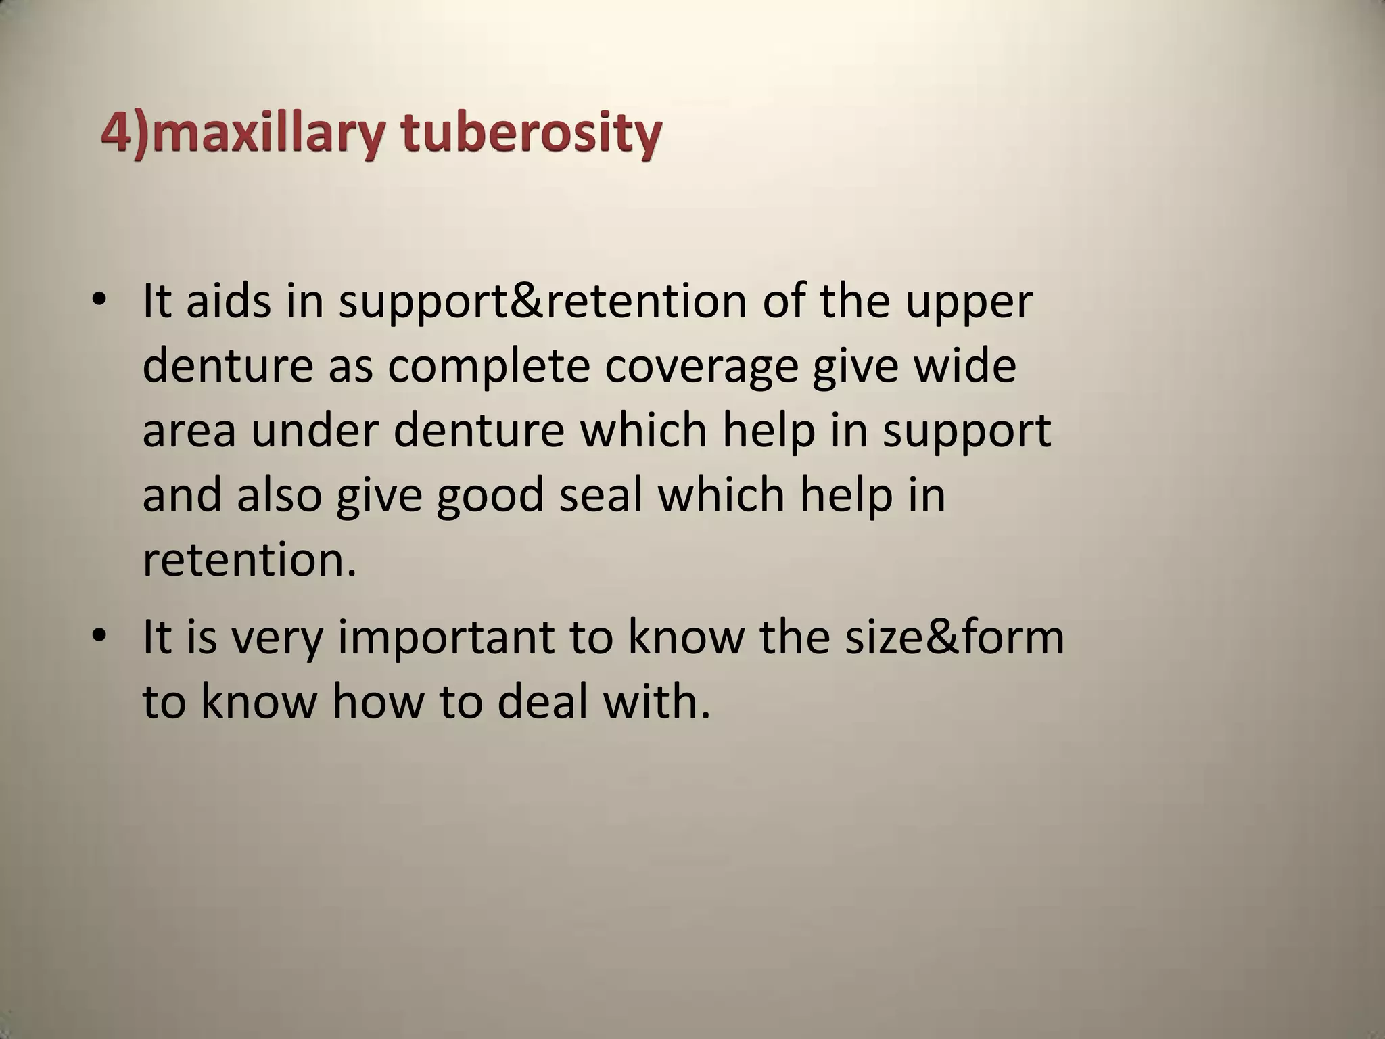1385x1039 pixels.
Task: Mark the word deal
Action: (x=542, y=701)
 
